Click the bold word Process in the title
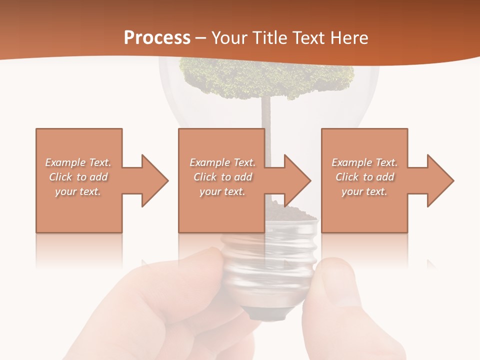(157, 37)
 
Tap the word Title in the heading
(269, 37)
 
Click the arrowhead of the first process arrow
(155, 180)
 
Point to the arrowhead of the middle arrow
(298, 180)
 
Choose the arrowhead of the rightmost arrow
(440, 180)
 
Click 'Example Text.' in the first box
(78, 162)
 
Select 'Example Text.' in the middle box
(222, 162)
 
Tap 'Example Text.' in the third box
(364, 162)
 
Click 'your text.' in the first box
(78, 191)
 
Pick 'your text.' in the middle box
(222, 191)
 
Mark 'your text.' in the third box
(364, 191)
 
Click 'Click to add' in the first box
(78, 177)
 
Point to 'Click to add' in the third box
(364, 177)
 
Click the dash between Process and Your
(200, 38)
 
